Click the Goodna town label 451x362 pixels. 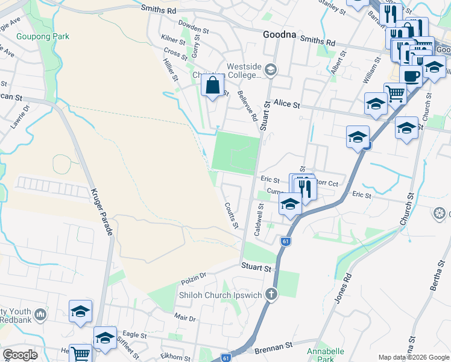279,34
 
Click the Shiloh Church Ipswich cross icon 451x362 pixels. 272,294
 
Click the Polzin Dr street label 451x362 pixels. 194,279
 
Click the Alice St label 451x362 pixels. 287,104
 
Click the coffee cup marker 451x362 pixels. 411,77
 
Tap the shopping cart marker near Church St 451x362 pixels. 395,93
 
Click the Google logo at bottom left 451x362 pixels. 20,355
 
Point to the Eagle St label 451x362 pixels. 134,334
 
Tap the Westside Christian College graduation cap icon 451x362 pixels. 270,70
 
